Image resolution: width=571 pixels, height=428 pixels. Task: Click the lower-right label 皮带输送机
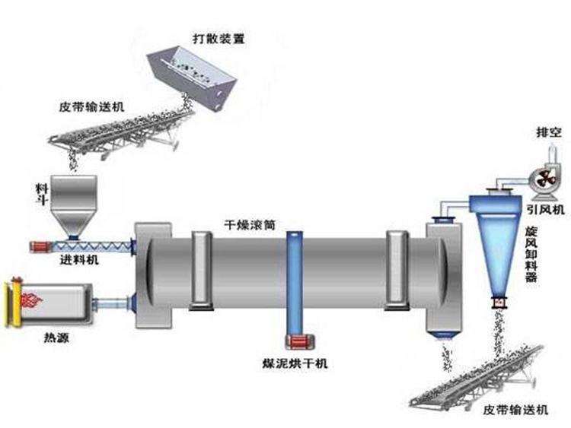point(515,411)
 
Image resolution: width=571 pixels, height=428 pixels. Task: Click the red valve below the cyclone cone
point(500,303)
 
